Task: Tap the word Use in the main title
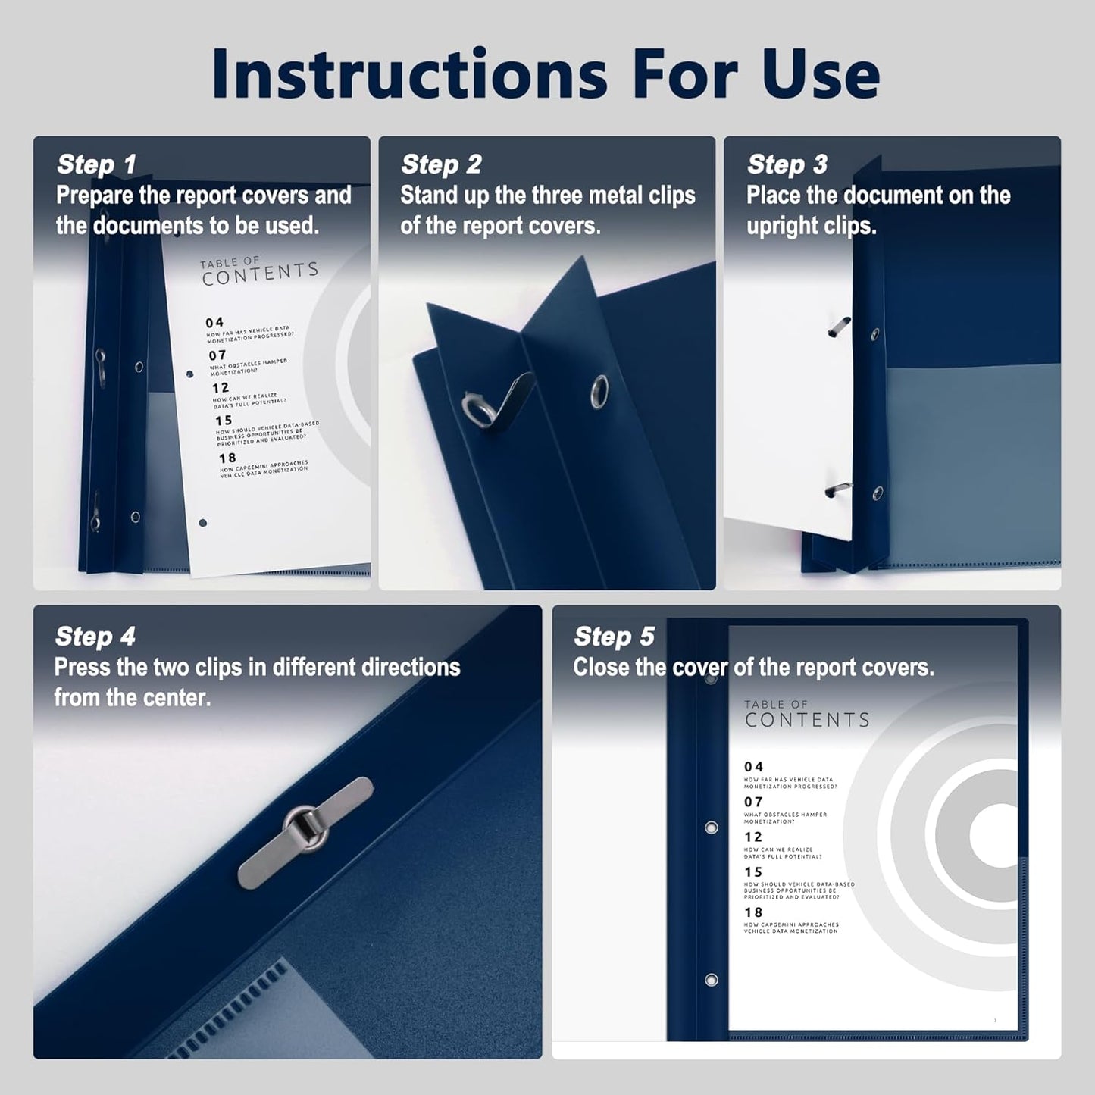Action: [814, 74]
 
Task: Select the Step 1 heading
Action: [96, 164]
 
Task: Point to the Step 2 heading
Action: [441, 164]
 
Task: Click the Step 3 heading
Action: [787, 164]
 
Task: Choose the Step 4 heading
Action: [95, 637]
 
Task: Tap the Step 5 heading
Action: [614, 637]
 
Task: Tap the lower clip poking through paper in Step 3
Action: [838, 490]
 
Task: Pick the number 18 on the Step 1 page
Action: [227, 458]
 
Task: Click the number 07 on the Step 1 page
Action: [217, 355]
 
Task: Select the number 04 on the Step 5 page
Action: [753, 767]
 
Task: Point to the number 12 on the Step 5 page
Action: [753, 837]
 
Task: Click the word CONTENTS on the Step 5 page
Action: [807, 720]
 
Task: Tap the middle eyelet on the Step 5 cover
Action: [711, 828]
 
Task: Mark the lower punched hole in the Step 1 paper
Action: [202, 523]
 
